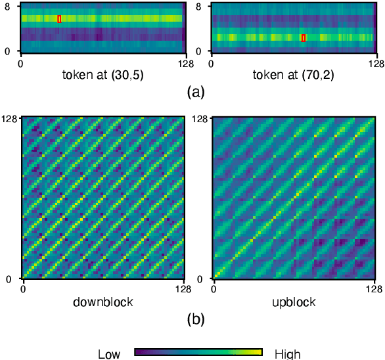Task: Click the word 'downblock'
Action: (x=104, y=302)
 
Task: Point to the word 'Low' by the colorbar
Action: (x=109, y=354)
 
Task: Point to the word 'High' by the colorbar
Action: (x=287, y=354)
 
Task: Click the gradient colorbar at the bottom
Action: (x=198, y=352)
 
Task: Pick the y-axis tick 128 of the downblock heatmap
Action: (x=10, y=118)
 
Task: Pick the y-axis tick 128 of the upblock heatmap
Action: (x=201, y=118)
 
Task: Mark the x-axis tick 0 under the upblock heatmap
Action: (x=214, y=288)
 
